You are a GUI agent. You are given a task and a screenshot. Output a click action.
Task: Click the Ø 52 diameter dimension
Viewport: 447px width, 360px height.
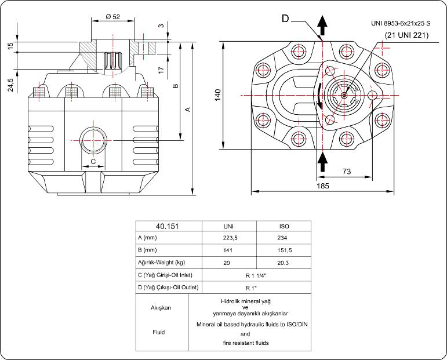(x=112, y=17)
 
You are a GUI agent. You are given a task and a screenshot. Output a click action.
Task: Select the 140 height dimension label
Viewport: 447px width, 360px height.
(x=217, y=95)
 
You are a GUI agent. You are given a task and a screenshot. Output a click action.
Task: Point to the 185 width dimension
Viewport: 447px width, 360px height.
(x=323, y=186)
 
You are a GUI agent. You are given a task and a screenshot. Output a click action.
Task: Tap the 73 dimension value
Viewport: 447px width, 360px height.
(x=346, y=171)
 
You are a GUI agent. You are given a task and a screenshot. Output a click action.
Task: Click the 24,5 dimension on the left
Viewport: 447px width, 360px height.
(x=10, y=86)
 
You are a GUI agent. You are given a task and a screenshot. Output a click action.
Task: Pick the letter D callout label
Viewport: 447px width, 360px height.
(x=285, y=19)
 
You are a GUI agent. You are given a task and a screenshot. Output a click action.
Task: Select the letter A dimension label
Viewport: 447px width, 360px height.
(x=187, y=109)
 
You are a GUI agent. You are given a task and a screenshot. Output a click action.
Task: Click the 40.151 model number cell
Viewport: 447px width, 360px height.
(x=168, y=227)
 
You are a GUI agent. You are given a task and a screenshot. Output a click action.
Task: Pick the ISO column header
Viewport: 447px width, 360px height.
(x=284, y=227)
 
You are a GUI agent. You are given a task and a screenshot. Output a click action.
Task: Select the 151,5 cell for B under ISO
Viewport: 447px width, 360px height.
(x=284, y=250)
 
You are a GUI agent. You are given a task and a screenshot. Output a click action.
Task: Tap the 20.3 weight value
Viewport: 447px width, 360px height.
(x=284, y=263)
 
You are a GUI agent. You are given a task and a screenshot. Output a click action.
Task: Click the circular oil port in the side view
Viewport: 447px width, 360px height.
(x=93, y=140)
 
